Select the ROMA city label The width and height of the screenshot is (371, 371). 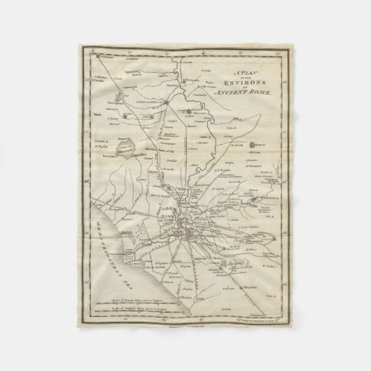click(x=167, y=217)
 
